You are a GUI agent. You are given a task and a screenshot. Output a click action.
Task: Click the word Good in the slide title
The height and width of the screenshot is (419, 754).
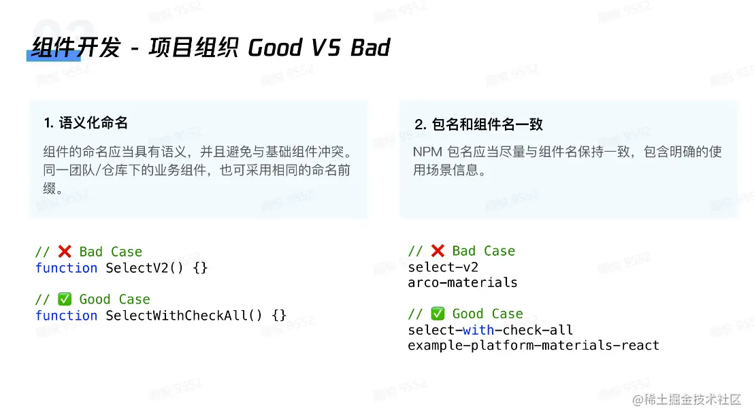(x=275, y=48)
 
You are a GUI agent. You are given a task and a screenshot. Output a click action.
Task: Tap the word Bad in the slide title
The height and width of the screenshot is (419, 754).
(x=370, y=48)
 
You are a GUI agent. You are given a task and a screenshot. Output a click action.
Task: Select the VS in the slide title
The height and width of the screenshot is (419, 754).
(x=326, y=48)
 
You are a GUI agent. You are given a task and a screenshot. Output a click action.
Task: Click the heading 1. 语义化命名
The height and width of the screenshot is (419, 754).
(x=86, y=123)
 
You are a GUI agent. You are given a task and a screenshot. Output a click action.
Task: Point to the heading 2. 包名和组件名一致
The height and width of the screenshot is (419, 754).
(x=478, y=124)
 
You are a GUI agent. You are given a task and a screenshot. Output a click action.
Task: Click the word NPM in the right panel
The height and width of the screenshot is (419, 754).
(x=427, y=152)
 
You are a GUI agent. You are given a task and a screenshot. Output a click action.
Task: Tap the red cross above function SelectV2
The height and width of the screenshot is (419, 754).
(x=65, y=251)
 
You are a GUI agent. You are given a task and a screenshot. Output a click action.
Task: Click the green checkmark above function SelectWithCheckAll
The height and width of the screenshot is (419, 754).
(x=65, y=299)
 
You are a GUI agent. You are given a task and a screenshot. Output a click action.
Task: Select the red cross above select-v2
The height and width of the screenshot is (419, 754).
(x=438, y=250)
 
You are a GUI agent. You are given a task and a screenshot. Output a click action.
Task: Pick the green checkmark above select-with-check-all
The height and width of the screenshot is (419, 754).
(x=438, y=314)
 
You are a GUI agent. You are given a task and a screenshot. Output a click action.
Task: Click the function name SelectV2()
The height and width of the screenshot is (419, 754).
(x=145, y=267)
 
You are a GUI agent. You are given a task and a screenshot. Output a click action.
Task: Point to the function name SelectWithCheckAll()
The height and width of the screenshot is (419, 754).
(x=184, y=315)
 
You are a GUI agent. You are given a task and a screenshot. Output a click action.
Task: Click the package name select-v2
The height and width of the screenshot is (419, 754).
(x=444, y=267)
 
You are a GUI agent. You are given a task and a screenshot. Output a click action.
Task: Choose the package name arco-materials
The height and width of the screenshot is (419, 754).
(x=463, y=282)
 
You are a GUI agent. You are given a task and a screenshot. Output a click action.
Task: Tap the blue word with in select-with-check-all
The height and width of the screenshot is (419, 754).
(x=478, y=330)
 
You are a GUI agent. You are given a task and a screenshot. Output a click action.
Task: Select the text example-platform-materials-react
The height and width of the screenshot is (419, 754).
(x=534, y=346)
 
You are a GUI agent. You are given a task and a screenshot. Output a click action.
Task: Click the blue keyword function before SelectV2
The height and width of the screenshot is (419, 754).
(x=67, y=267)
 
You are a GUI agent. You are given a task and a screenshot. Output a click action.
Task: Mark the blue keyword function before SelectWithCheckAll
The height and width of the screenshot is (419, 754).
(x=67, y=315)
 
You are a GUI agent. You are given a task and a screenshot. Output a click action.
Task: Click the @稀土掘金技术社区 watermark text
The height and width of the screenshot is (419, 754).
(x=687, y=399)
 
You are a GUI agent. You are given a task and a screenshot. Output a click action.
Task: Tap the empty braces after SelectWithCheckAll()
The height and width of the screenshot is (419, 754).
(x=280, y=315)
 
